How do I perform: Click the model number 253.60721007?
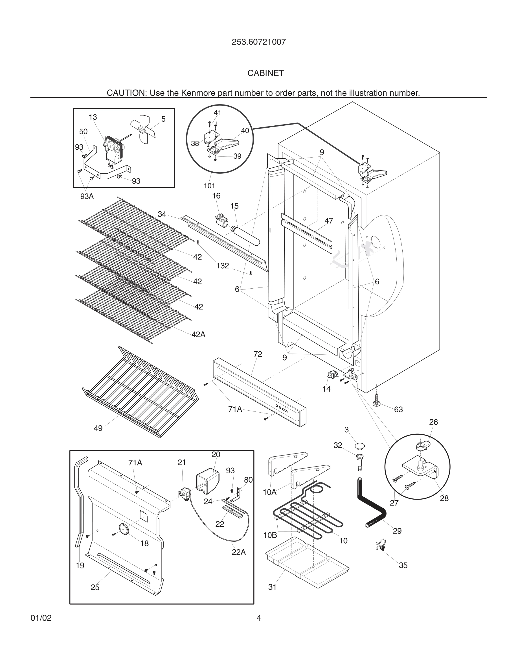[x=259, y=42]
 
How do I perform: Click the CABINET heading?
[x=266, y=73]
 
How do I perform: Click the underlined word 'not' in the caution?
[x=326, y=93]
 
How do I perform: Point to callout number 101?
[x=209, y=186]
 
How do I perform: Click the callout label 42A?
[x=198, y=335]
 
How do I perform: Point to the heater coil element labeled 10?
[x=307, y=519]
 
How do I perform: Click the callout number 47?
[x=329, y=221]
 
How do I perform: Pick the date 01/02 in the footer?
[x=41, y=618]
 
